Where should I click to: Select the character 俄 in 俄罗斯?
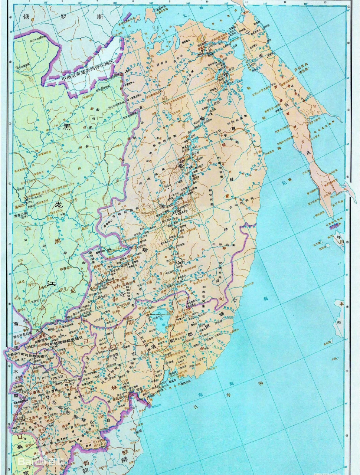(x=27, y=17)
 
